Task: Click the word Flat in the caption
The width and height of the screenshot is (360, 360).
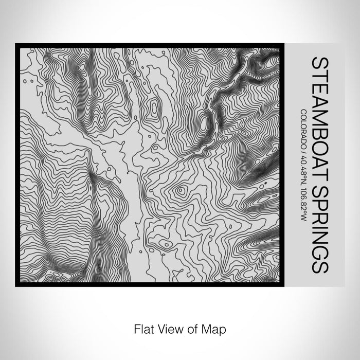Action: tap(143, 328)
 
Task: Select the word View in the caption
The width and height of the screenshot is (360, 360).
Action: tap(170, 328)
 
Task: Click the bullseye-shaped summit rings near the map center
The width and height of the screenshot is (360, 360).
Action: tap(181, 191)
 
